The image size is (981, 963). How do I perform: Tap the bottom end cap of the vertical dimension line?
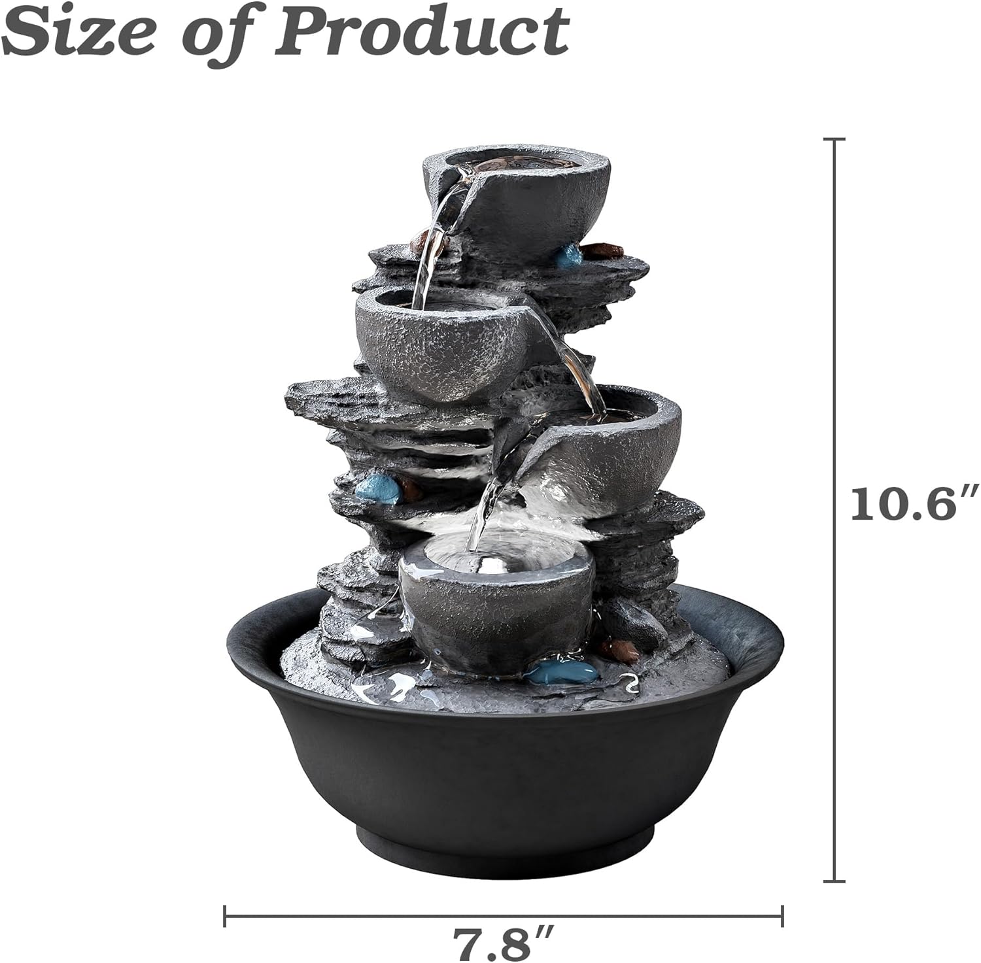pos(835,881)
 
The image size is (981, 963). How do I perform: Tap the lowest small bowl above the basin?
pos(497,601)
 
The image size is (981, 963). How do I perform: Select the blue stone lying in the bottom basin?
pos(553,670)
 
